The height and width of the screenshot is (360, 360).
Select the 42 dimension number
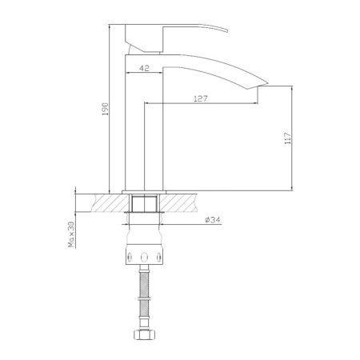tap(143, 69)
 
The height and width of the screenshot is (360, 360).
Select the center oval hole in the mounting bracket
tap(145, 257)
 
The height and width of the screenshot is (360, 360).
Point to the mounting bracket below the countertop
tap(145, 254)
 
